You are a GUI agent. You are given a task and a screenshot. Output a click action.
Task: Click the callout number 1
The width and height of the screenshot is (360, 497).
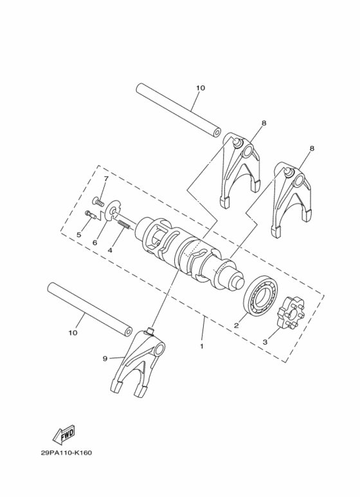point(201,346)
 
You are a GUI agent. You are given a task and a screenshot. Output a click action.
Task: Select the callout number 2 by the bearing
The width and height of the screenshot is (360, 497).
point(237,326)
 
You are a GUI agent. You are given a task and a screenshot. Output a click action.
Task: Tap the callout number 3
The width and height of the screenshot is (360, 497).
point(264,342)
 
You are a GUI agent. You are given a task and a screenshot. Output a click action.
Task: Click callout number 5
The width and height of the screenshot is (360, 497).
point(79,235)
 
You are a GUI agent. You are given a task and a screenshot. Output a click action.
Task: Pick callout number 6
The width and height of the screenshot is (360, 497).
point(94,242)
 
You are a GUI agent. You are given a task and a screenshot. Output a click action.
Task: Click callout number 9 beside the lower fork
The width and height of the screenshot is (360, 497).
point(105,359)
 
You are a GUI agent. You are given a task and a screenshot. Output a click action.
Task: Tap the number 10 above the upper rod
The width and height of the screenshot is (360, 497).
point(200,87)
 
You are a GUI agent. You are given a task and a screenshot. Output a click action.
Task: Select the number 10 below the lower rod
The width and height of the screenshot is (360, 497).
point(73,333)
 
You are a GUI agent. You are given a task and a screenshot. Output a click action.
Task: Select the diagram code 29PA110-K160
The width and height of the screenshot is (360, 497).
point(66,453)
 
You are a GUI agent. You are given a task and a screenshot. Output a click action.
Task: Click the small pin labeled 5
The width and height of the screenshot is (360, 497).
point(91,215)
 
